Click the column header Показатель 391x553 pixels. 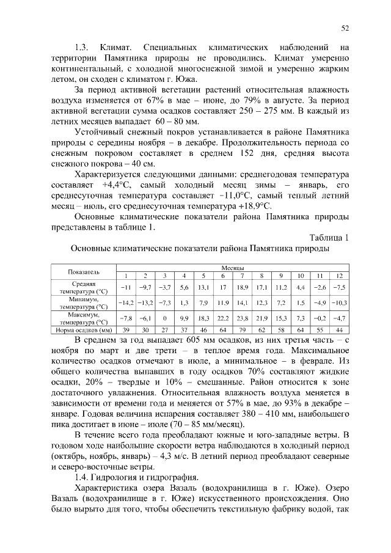pos(84,272)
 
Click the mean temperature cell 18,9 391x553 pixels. pos(243,287)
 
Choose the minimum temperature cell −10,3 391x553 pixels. pos(339,302)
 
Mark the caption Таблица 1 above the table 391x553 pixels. pos(329,238)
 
